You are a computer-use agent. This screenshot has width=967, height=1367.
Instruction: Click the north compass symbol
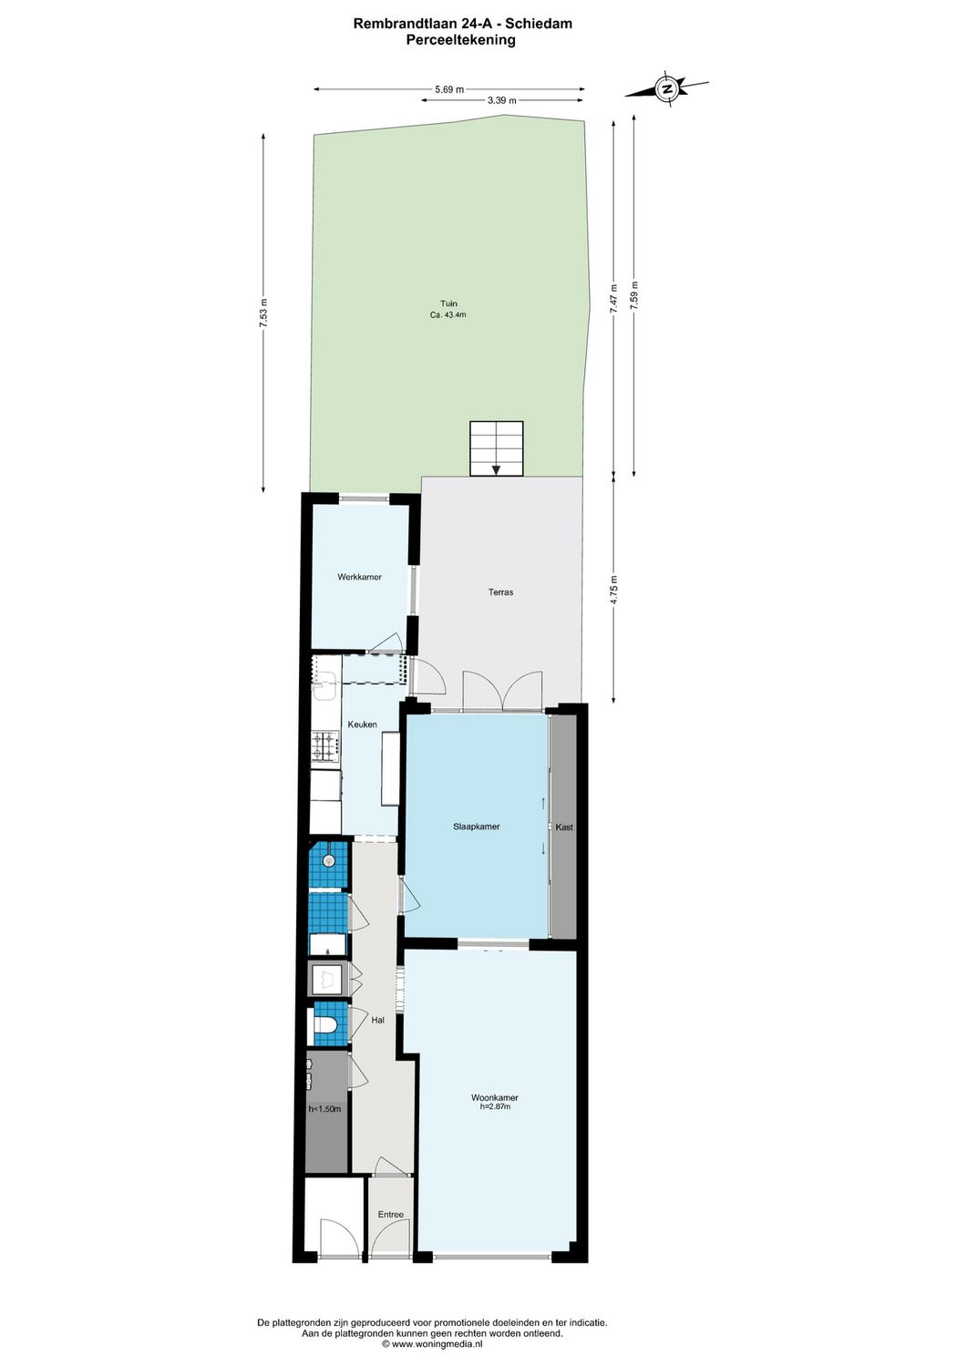667,89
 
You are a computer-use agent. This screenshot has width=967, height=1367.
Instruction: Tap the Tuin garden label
448,304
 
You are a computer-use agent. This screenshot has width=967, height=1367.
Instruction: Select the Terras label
500,592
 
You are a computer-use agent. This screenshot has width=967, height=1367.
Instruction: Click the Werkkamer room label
359,577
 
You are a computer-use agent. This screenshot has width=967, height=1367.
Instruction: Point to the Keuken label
362,725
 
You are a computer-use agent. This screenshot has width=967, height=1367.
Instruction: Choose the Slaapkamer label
476,827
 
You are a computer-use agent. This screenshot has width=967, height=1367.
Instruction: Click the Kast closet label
564,827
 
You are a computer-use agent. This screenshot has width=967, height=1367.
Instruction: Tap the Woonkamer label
495,1098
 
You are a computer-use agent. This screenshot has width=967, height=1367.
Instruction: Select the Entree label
390,1215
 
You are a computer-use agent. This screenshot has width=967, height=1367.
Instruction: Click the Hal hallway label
377,1021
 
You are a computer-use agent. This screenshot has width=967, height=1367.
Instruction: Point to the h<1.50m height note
324,1109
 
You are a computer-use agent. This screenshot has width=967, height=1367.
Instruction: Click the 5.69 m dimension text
448,89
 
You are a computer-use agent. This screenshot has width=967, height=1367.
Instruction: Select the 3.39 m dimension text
501,101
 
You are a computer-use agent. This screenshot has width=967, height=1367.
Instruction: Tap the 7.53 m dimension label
263,313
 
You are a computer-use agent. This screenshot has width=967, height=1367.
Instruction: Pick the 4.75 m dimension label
614,590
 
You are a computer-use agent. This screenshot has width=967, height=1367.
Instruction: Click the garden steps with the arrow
497,448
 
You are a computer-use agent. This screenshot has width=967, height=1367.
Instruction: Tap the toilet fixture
325,1026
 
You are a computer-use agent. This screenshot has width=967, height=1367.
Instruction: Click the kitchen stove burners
325,749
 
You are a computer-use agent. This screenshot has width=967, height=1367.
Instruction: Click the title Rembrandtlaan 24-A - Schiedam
462,25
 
